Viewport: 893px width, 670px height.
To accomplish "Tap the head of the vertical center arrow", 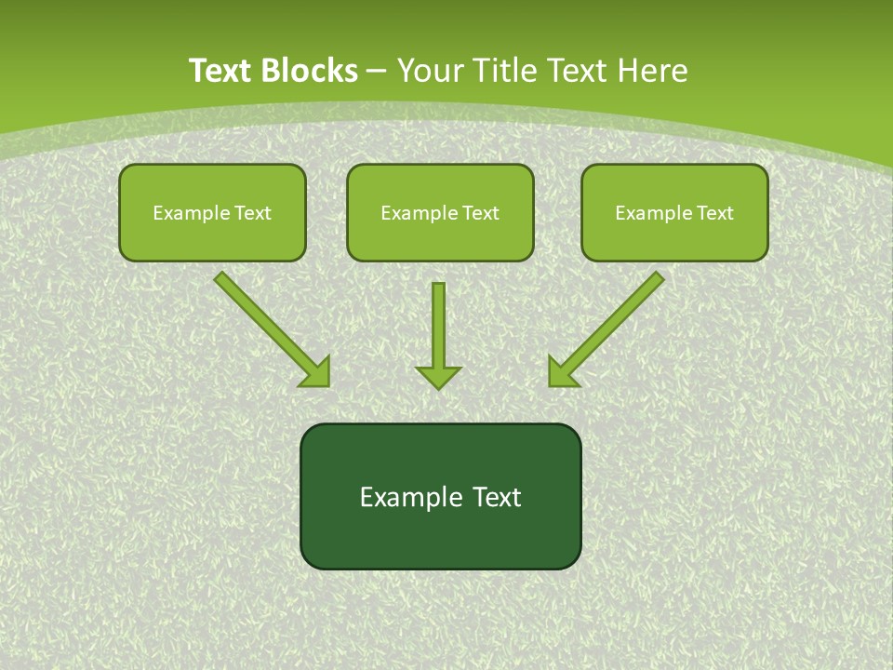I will pos(438,376).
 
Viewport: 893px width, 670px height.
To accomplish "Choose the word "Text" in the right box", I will pos(715,213).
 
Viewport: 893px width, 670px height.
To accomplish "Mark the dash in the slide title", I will pos(378,71).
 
